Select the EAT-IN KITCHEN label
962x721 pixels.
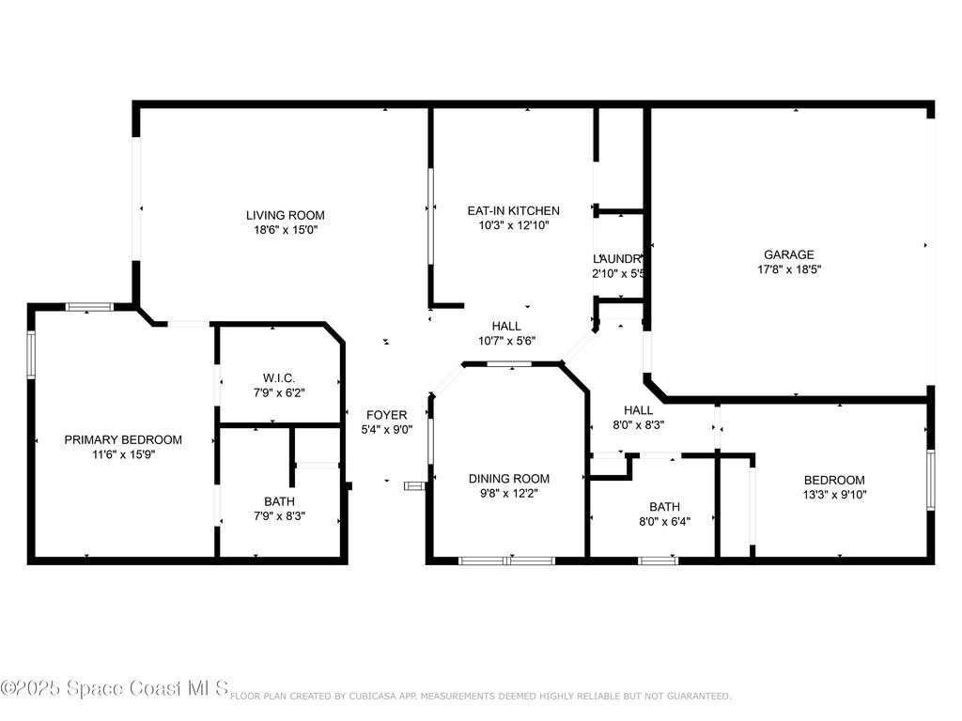(513, 210)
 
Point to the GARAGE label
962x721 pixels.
(788, 254)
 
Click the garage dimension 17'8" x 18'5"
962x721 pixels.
(788, 269)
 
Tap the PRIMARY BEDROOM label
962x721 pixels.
(123, 439)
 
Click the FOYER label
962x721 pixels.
(386, 414)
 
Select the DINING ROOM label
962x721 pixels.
(509, 478)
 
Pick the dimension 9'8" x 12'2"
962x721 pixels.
(509, 493)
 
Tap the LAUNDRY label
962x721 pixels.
(618, 258)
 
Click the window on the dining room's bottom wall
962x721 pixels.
(506, 561)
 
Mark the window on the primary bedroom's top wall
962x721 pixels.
(89, 306)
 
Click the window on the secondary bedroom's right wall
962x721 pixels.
(930, 480)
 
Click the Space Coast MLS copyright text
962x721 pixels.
(115, 689)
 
